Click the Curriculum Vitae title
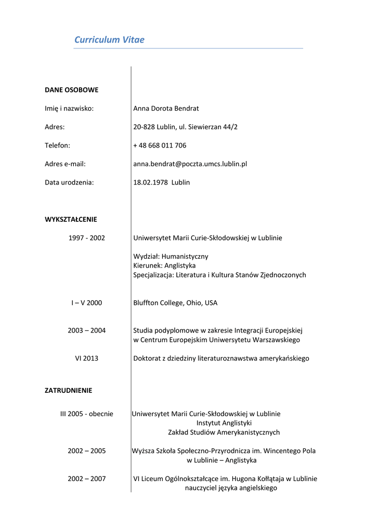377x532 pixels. point(109,40)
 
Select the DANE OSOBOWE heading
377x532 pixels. point(71,90)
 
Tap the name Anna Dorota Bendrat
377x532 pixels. point(166,109)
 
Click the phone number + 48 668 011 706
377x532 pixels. point(160,145)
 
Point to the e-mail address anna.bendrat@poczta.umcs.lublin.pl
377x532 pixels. point(190,164)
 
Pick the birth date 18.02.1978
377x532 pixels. point(150,182)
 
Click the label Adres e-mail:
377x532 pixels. point(65,164)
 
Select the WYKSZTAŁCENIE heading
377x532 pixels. point(71,219)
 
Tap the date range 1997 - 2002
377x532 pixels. point(87,238)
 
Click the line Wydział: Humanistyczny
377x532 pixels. point(171,256)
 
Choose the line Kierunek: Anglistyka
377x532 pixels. point(164,265)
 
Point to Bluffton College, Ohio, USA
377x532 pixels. point(175,303)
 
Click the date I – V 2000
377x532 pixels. point(87,303)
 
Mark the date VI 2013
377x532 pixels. point(87,358)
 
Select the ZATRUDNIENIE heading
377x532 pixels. point(68,390)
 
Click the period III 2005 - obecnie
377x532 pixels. point(87,414)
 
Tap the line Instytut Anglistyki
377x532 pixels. point(224,423)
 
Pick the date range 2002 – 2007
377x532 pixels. point(87,479)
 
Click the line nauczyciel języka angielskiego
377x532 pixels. point(231,488)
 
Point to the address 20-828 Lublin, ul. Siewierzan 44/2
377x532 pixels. point(185,127)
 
